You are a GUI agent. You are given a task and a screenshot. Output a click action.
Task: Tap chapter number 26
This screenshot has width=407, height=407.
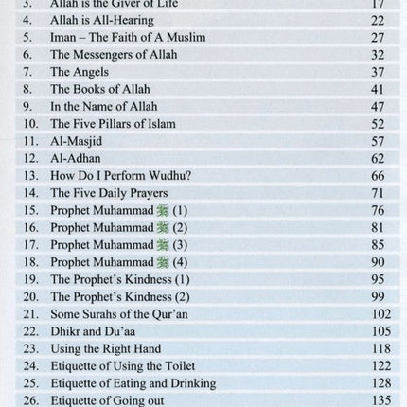point(27,399)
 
